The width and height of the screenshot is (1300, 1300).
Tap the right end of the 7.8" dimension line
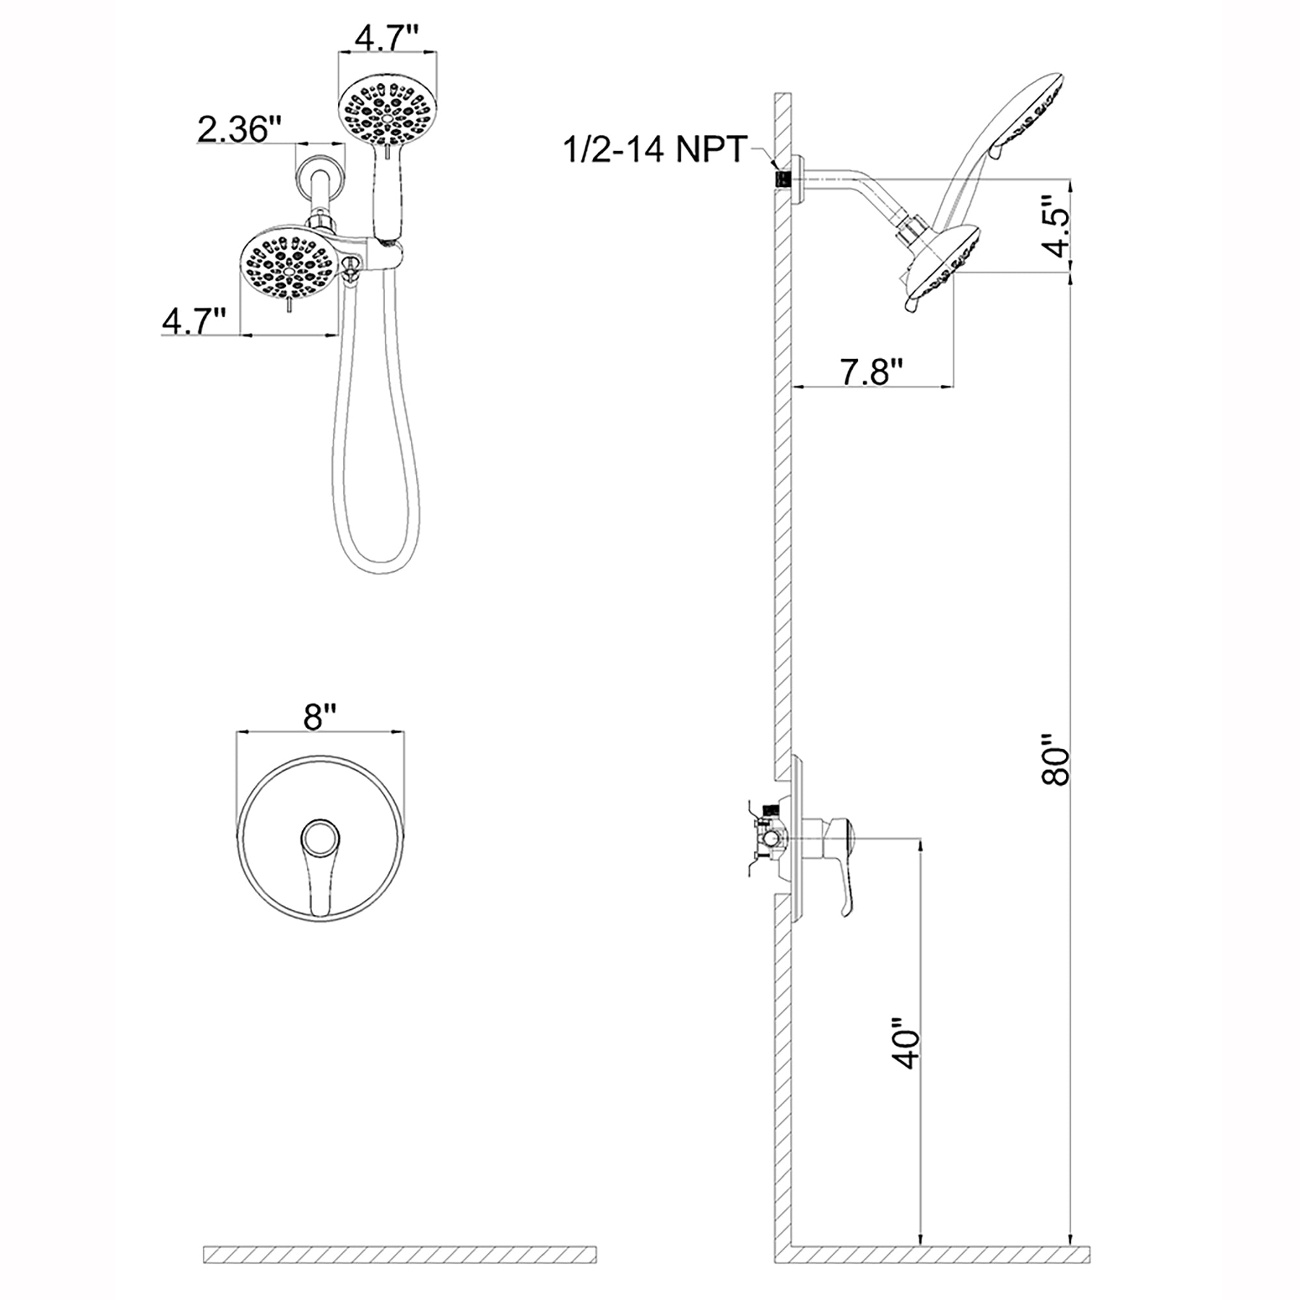(955, 386)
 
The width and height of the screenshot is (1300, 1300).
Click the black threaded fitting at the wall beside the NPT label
(783, 178)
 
